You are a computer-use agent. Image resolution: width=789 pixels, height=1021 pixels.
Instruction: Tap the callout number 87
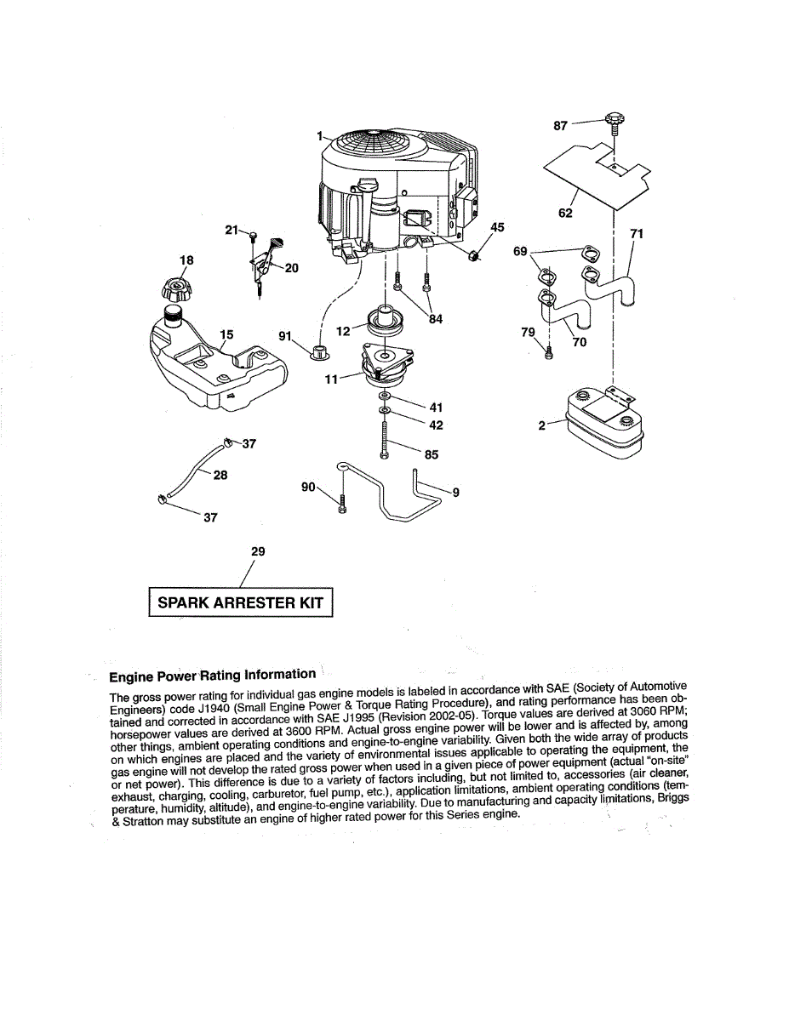coord(560,125)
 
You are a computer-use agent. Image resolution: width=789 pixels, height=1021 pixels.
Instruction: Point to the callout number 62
coord(565,213)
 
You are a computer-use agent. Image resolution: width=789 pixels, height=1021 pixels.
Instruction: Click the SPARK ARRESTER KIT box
coord(241,602)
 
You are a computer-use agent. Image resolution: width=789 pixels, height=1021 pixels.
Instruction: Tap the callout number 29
coord(258,551)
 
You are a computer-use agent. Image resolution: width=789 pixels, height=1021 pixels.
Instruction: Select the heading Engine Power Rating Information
coord(213,676)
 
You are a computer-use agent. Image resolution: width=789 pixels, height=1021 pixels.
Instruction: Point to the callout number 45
coord(497,227)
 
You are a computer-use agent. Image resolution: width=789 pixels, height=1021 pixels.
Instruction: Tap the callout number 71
coord(637,233)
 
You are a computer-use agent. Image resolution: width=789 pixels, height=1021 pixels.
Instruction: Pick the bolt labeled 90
coord(341,503)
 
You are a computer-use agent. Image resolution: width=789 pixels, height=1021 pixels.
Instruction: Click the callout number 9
coord(456,491)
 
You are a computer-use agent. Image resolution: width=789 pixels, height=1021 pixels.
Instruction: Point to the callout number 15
coord(226,334)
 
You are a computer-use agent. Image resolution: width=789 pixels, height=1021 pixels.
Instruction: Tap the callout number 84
coord(436,320)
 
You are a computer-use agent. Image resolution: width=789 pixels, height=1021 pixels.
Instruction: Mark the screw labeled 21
coord(254,237)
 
